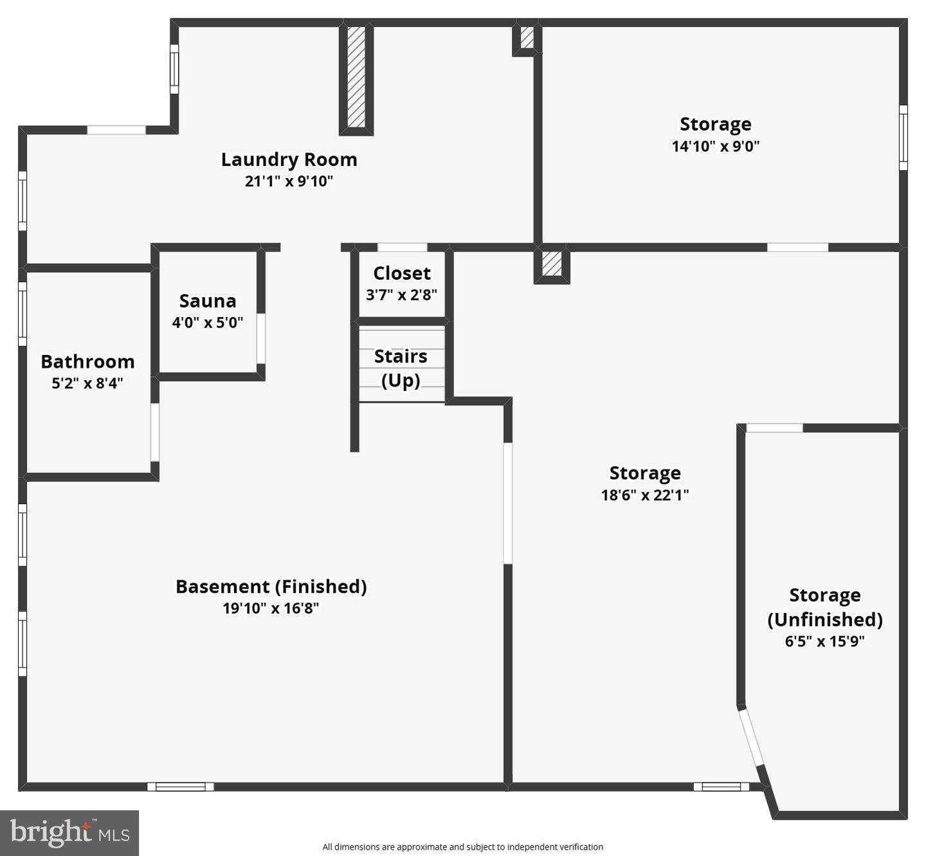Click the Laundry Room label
[289, 159]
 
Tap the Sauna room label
[208, 301]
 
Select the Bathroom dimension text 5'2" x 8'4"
[87, 383]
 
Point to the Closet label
[402, 273]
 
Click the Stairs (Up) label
[401, 368]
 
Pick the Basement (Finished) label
[271, 587]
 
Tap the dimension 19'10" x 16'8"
[271, 608]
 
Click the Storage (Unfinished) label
[825, 607]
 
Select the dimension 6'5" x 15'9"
[824, 641]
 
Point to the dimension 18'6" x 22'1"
[645, 495]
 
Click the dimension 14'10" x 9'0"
[716, 146]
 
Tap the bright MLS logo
[69, 833]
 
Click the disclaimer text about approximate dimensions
[462, 847]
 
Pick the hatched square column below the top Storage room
[552, 264]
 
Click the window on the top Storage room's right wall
[903, 138]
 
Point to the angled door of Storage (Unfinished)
[750, 738]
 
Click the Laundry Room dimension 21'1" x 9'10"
[289, 181]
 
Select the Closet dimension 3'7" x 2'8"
[402, 295]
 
